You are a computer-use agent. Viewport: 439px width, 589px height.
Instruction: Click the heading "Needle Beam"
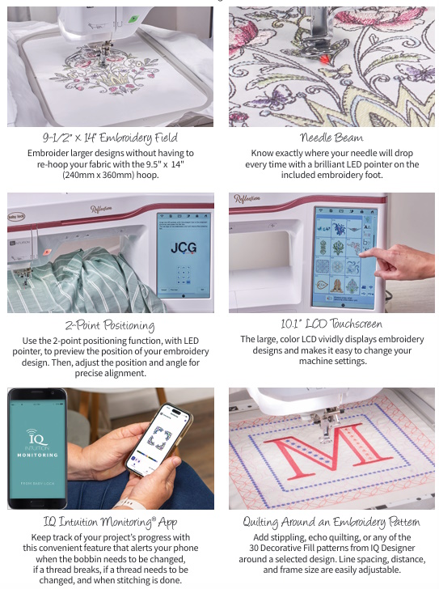[x=331, y=138]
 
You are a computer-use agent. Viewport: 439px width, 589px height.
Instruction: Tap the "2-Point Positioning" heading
[x=110, y=325]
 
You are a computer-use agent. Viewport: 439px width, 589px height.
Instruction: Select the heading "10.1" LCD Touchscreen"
[x=331, y=324]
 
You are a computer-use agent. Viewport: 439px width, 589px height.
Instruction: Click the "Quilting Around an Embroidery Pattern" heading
[x=331, y=522]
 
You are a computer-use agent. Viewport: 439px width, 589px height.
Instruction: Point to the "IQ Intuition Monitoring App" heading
[x=110, y=522]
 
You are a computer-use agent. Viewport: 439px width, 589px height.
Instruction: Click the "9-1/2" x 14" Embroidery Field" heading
[x=110, y=138]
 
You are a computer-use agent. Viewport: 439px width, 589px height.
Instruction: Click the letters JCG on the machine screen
[x=184, y=248]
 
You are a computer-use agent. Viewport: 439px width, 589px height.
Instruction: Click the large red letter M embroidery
[x=327, y=446]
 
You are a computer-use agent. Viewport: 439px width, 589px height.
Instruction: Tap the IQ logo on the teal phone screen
[x=36, y=437]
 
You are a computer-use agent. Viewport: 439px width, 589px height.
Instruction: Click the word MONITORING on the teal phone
[x=37, y=455]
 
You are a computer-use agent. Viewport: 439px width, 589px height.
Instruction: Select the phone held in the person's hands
[x=159, y=439]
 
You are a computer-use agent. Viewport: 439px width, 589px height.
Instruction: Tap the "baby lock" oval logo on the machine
[x=16, y=217]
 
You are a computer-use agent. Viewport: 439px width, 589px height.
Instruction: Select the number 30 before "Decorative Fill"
[x=254, y=548]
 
